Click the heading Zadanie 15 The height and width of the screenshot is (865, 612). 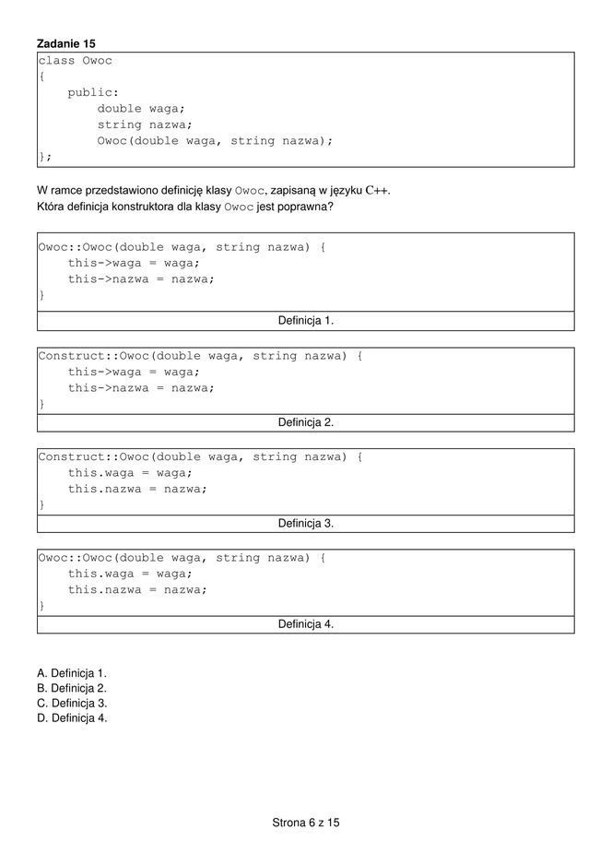(65, 43)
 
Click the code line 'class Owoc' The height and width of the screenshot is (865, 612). (75, 61)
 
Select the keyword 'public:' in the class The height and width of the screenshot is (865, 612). (93, 93)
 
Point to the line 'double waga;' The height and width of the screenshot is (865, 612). (141, 109)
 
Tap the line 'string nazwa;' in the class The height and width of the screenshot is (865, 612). (145, 124)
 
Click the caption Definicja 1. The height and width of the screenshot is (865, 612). (306, 321)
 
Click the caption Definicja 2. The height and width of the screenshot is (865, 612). (306, 422)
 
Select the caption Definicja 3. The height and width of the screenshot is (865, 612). (306, 523)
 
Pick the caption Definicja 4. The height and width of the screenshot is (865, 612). (306, 624)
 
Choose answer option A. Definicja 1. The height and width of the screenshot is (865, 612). (72, 673)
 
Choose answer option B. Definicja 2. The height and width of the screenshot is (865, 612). (72, 688)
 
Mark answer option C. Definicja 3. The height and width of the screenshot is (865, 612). (72, 703)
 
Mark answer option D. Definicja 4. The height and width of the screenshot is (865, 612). (72, 717)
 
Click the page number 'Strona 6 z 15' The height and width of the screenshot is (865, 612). (306, 822)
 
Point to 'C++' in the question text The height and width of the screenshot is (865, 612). (376, 191)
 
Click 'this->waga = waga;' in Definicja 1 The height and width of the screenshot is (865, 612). (133, 263)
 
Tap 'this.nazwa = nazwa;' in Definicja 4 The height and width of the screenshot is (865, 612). (137, 590)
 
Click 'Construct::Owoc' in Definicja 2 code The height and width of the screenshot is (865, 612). (93, 356)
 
